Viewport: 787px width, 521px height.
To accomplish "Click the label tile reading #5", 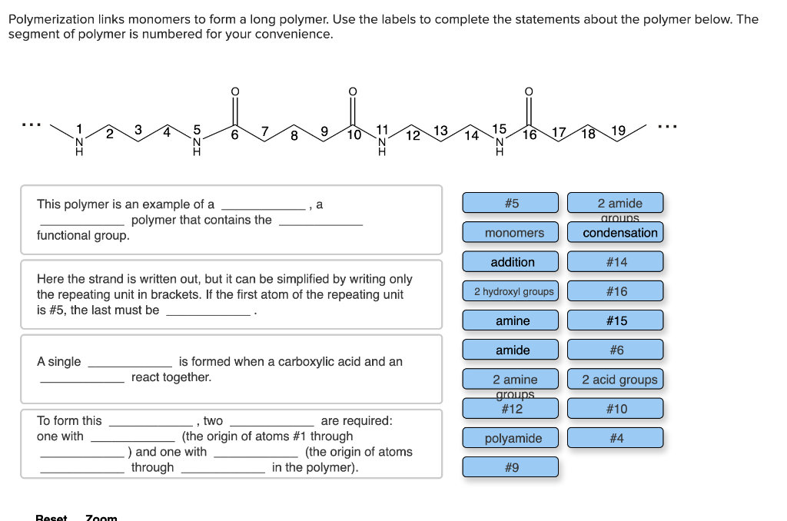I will click(511, 203).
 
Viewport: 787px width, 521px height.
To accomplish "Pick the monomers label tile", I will click(514, 232).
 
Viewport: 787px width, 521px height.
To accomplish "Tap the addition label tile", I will click(512, 262).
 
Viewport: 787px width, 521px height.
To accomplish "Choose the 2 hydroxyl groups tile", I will click(513, 291).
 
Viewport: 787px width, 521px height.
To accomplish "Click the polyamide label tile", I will click(513, 438).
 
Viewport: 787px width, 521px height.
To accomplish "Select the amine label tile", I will click(512, 320).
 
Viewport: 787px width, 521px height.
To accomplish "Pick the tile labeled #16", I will click(616, 291).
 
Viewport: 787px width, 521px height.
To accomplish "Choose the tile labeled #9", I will click(511, 467).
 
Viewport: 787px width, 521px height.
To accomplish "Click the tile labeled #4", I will click(616, 438).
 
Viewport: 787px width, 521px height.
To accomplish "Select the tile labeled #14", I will click(616, 262).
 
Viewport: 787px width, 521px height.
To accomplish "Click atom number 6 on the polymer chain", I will click(235, 134).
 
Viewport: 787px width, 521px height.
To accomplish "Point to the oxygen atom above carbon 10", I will click(353, 91).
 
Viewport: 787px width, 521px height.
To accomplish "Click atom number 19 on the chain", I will click(618, 129).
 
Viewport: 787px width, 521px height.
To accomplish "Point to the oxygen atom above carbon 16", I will click(528, 91).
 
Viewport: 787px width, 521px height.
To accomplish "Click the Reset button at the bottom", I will click(51, 517).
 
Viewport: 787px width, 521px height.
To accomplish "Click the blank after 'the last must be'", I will click(209, 310).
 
